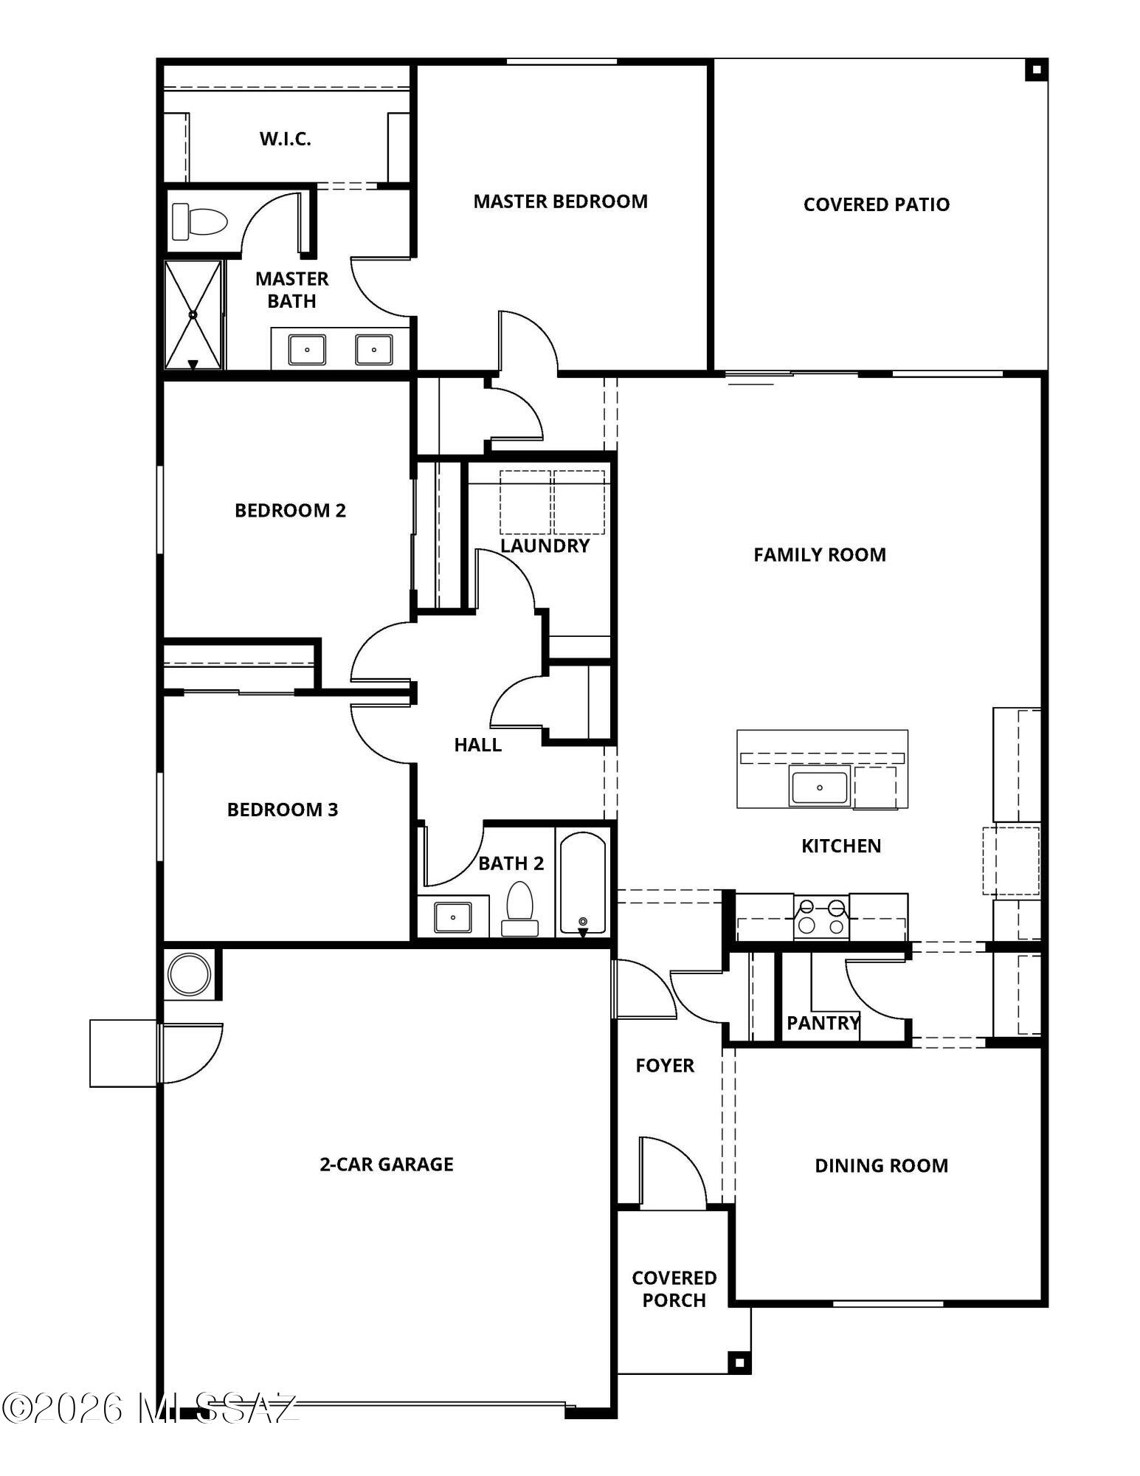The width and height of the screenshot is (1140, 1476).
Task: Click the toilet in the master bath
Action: [x=199, y=221]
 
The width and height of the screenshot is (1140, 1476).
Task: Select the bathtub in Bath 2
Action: [x=583, y=883]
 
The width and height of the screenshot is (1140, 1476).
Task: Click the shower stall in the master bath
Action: [x=193, y=314]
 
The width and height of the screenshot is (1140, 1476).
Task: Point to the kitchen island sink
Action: [x=819, y=785]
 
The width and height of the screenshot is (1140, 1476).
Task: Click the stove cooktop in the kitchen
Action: [x=821, y=917]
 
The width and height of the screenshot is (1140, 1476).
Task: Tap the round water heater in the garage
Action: [x=189, y=974]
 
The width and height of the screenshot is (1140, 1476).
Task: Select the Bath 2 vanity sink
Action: [x=452, y=917]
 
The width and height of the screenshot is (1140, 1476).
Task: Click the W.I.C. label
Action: [x=285, y=139]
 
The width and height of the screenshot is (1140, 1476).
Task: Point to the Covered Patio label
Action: [x=876, y=204]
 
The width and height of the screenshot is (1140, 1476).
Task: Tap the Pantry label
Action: [x=823, y=1023]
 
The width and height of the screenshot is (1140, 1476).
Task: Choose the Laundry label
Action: [x=545, y=545]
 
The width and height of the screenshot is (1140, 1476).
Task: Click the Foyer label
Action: [x=665, y=1066]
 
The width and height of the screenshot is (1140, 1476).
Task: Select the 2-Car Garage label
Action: [x=386, y=1164]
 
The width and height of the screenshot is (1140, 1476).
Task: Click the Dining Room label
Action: [x=881, y=1165]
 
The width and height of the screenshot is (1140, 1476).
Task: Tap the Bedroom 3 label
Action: [x=283, y=810]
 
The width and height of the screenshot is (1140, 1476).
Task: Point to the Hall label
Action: [x=477, y=745]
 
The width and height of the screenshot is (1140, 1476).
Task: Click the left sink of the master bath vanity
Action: [x=307, y=350]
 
